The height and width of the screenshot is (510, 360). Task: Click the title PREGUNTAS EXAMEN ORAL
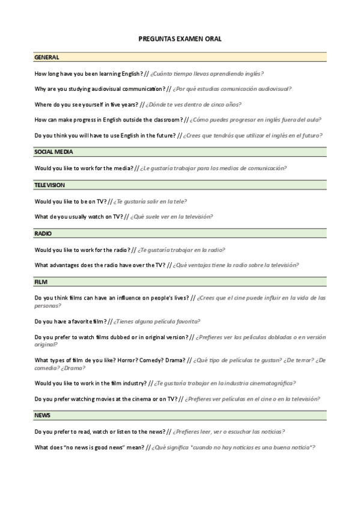point(180,38)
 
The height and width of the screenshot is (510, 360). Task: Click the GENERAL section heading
point(47,57)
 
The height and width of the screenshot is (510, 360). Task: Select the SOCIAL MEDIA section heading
point(54,152)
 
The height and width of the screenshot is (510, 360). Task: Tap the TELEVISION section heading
point(50,185)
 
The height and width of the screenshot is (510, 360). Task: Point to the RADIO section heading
point(43,233)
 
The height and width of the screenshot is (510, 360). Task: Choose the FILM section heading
point(41,281)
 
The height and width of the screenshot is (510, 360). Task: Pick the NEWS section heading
point(43,416)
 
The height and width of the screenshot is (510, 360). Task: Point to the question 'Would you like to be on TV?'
point(70,201)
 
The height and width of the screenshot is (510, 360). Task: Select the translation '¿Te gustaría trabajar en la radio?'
point(182,249)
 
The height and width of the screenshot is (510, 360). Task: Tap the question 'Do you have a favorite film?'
point(70,321)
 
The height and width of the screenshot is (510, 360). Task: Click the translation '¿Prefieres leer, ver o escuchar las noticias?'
point(229,432)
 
